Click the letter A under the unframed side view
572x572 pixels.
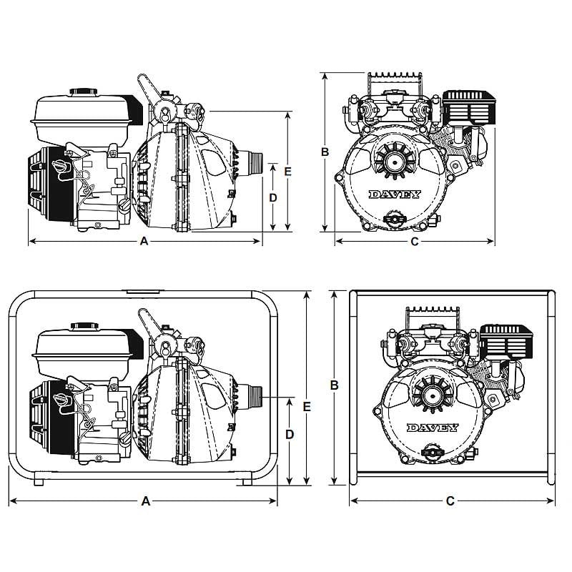144,242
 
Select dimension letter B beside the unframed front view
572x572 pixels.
324,152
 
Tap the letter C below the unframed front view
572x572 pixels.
414,242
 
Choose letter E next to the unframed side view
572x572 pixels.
288,171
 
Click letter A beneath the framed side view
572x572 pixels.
146,501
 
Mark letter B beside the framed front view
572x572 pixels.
334,385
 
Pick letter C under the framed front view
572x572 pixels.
450,501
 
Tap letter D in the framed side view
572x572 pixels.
289,434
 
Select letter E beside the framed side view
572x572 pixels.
306,405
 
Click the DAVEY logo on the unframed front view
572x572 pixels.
394,194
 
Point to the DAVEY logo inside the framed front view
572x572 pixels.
432,428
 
